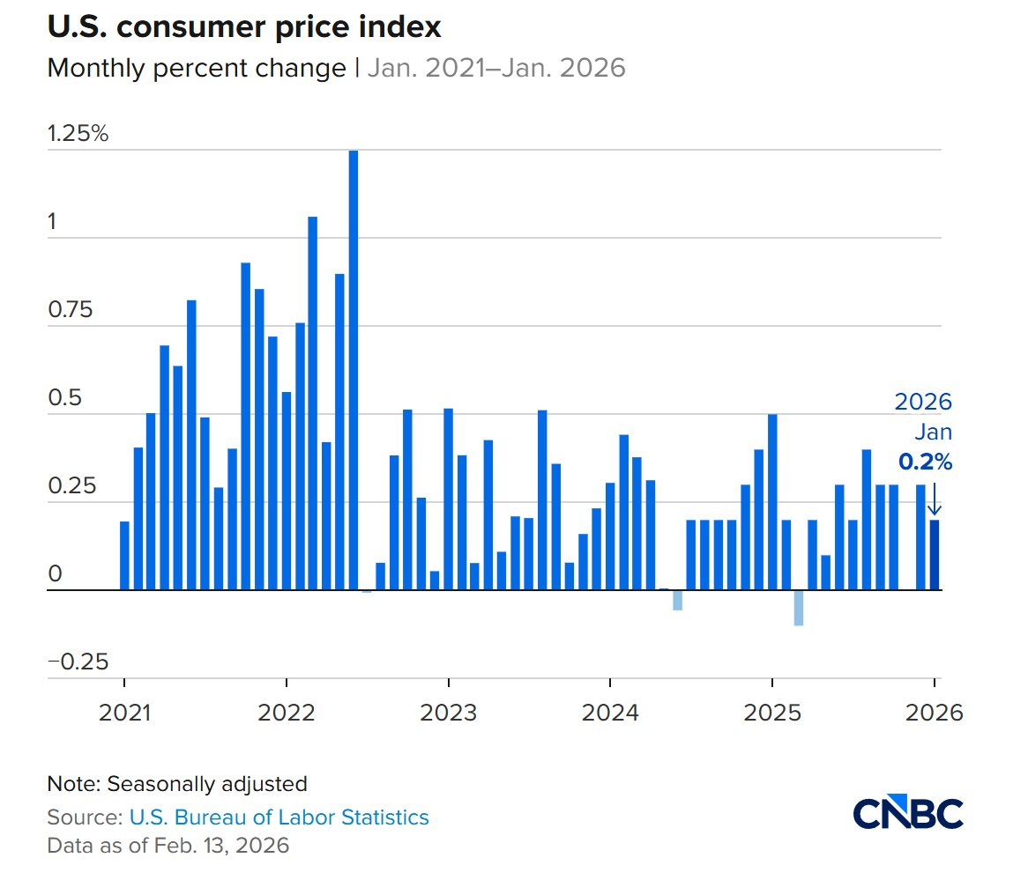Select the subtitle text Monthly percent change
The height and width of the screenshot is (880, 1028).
coord(197,69)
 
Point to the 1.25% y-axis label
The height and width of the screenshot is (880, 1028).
coord(78,135)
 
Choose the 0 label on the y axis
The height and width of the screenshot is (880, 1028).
coord(56,575)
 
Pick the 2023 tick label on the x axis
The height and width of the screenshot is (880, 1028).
coord(449,711)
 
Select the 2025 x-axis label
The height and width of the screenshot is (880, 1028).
coord(772,711)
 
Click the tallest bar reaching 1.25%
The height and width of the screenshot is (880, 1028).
coord(354,370)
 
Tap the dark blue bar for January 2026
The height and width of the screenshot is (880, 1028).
coord(935,555)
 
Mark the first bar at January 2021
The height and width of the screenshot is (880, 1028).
coord(124,556)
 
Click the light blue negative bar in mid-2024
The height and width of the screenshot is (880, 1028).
coord(677,600)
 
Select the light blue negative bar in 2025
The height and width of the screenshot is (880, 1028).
coord(799,608)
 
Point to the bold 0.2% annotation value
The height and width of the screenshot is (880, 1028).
coord(925,461)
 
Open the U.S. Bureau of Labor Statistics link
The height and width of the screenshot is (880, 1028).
coord(279,817)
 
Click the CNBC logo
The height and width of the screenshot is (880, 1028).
coord(908,813)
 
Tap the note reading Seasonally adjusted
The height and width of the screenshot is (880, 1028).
coord(177,783)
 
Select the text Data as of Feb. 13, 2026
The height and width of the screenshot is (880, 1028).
coord(168,846)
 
